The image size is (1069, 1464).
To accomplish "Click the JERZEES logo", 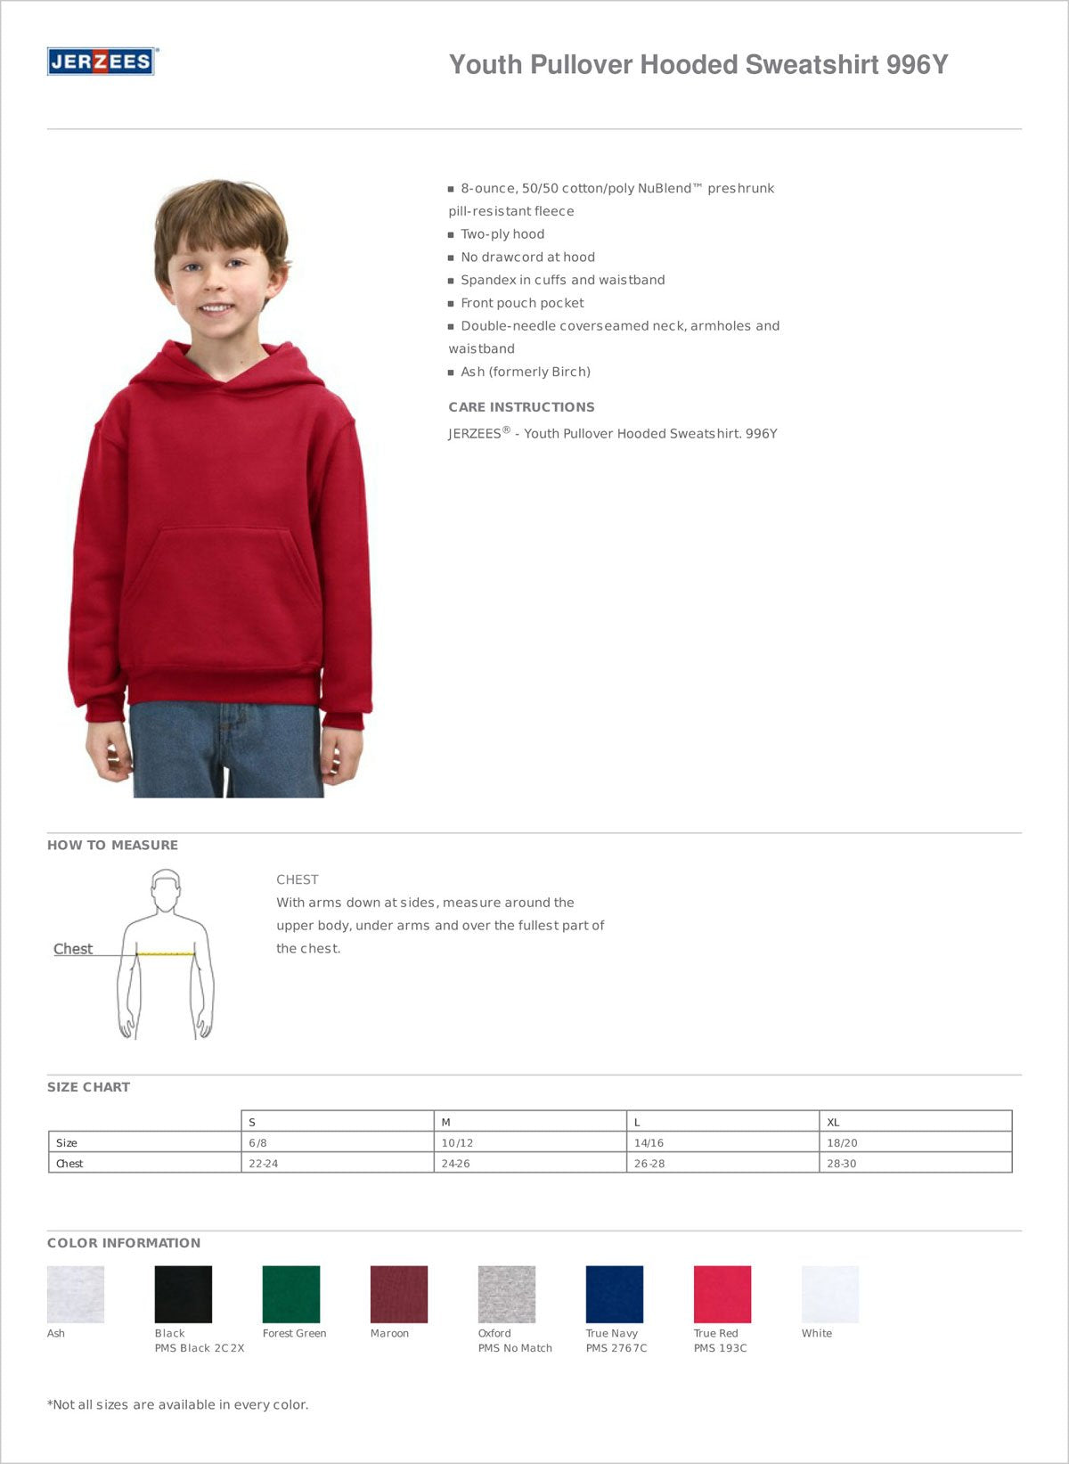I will pos(101,61).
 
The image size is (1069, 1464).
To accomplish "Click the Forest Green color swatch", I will pos(290,1294).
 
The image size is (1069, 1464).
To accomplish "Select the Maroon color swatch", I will pos(398,1294).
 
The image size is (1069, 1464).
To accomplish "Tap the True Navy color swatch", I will pos(614,1294).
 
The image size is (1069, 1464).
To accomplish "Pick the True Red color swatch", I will pos(722,1294).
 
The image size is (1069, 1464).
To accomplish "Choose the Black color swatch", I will pos(183,1294).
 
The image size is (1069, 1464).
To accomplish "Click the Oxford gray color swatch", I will pos(506,1294).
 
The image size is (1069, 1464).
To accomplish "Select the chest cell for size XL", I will pos(915,1163).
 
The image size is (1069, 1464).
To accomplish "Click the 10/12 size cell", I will pos(529,1142).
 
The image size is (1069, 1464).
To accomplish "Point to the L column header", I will pos(722,1122).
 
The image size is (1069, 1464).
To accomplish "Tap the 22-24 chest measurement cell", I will pos(337,1163).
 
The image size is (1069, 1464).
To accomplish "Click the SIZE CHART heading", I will pos(88,1087).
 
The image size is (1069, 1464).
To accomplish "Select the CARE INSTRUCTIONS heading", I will pos(521,407).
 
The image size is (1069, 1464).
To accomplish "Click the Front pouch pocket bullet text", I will pos(522,303).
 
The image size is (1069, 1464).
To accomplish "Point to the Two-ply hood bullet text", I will pos(502,234).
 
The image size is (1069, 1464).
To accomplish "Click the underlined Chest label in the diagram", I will pos(73,949).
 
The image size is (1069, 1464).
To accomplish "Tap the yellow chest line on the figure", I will pos(166,954).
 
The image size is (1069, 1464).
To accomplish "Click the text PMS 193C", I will pos(720,1348).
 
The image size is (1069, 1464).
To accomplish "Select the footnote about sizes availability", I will pos(178,1405).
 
